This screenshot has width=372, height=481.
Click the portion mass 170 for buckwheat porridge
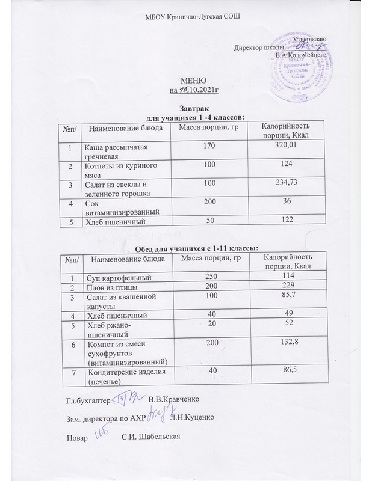(x=209, y=145)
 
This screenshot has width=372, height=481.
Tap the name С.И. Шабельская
(x=150, y=437)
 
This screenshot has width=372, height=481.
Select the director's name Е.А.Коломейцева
(x=301, y=55)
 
